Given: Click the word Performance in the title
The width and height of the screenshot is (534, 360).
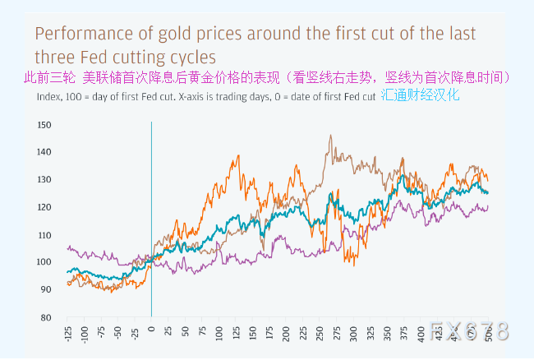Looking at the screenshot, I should point(81,35).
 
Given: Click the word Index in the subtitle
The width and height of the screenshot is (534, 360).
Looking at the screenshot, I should point(48,96).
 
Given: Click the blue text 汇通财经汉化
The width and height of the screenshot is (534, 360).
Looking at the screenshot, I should point(421,95).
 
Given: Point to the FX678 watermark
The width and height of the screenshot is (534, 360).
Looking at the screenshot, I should point(468,331).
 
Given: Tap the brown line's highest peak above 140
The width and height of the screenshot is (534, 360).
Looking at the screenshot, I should point(330,136).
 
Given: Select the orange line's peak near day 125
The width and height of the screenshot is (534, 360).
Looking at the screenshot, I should point(238,155).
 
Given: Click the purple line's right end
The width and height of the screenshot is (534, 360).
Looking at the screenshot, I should point(488,206).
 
